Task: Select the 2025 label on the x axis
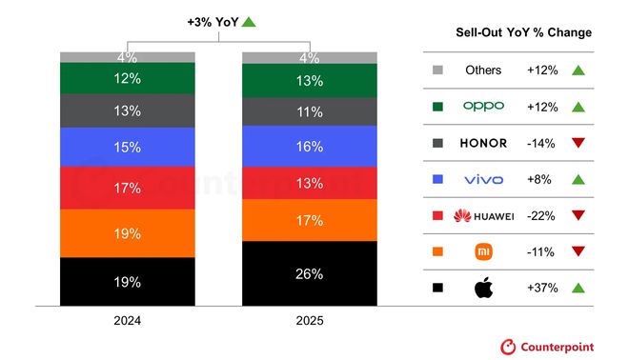tap(308, 321)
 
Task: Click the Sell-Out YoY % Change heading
tap(524, 32)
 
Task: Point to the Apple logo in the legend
tap(483, 288)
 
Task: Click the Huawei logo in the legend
tap(483, 215)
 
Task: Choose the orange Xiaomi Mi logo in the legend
tap(483, 251)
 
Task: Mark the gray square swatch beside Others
tap(437, 70)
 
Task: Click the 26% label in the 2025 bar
tap(309, 273)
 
